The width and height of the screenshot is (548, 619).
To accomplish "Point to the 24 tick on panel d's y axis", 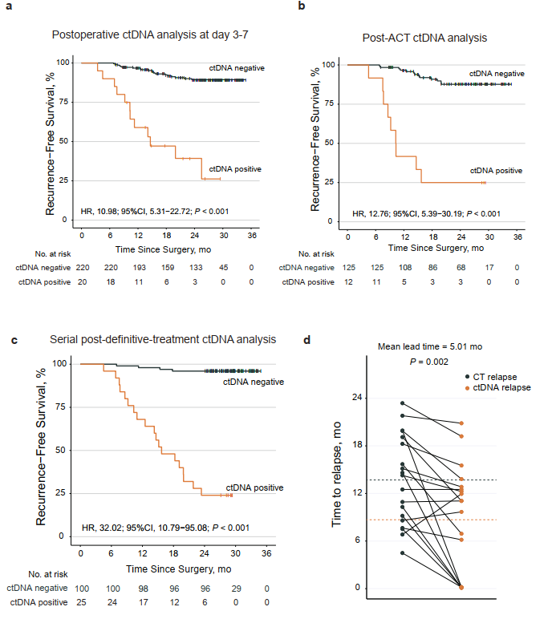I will (x=357, y=398).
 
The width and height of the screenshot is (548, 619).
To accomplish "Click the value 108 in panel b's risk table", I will (x=404, y=267).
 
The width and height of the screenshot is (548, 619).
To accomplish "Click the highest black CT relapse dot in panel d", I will (x=402, y=403).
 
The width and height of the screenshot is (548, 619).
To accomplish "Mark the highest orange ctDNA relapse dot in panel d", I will (x=461, y=423).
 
